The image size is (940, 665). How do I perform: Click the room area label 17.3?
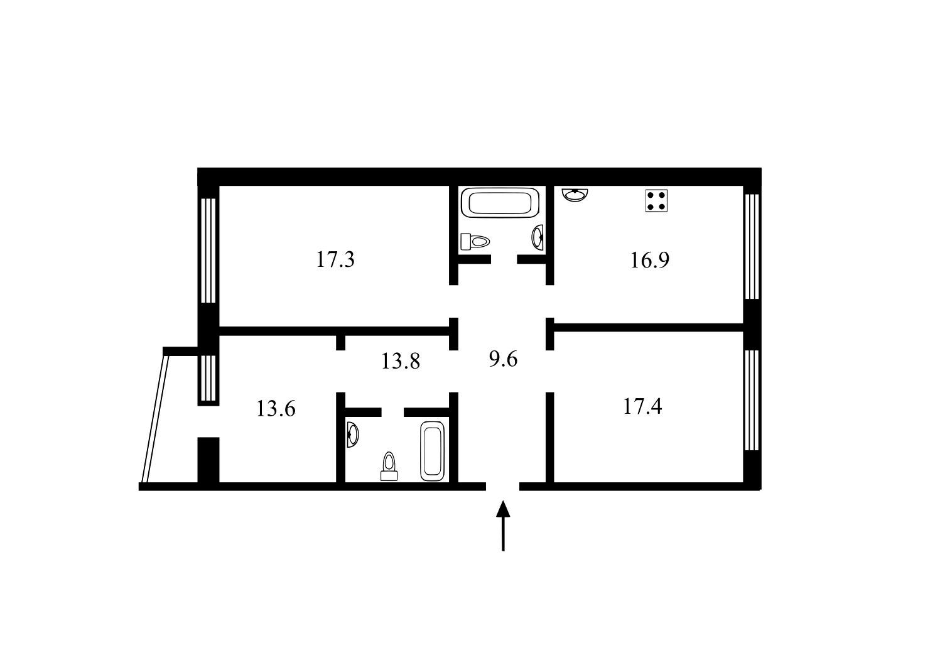[335, 259]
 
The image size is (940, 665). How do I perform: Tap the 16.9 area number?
[650, 260]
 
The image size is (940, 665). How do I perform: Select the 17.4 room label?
[642, 406]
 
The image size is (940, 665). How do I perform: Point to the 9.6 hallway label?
[503, 359]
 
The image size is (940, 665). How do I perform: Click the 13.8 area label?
[401, 361]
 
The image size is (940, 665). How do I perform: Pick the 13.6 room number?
[276, 409]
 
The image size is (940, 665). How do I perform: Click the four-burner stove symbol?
[656, 201]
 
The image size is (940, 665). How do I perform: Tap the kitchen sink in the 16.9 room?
[575, 195]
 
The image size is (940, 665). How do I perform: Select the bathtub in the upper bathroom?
[500, 203]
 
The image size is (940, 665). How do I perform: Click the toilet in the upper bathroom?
[475, 242]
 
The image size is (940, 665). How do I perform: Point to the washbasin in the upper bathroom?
[538, 238]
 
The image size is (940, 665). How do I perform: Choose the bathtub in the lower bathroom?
[433, 451]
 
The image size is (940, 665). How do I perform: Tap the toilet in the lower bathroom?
[389, 467]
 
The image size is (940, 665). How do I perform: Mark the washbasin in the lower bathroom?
[353, 435]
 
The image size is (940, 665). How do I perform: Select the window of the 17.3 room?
[208, 251]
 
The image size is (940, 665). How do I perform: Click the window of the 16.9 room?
[752, 246]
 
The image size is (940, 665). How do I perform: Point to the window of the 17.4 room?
[752, 400]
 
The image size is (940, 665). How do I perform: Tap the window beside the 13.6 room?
[208, 379]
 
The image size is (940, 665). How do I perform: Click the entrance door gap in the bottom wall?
[503, 487]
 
